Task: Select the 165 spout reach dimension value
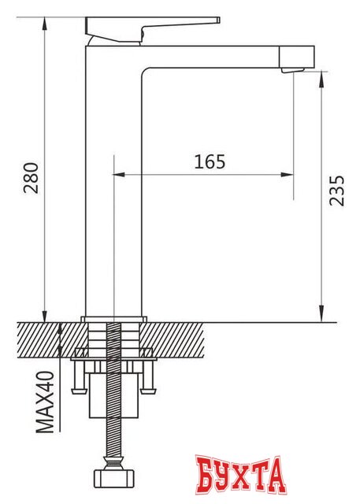209,162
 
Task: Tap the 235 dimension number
336,191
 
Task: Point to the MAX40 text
45,402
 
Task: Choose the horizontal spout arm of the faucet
228,57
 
